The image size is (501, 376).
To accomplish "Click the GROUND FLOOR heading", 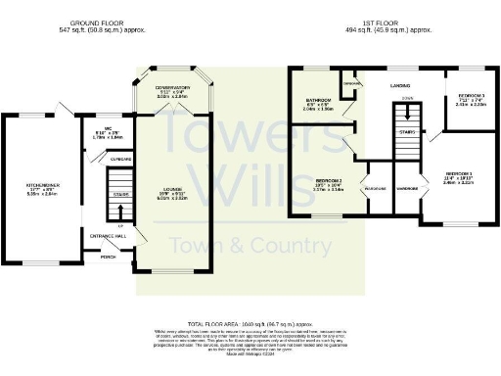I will pyautogui.click(x=95, y=22).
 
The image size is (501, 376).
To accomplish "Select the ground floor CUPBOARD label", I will pyautogui.click(x=121, y=157).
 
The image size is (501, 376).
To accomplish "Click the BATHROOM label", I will pyautogui.click(x=317, y=101).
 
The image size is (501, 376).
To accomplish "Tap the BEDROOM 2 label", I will pyautogui.click(x=329, y=180).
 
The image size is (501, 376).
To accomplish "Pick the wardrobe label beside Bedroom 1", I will pyautogui.click(x=407, y=187).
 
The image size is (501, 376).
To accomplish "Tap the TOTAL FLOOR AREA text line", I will pyautogui.click(x=250, y=323).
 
